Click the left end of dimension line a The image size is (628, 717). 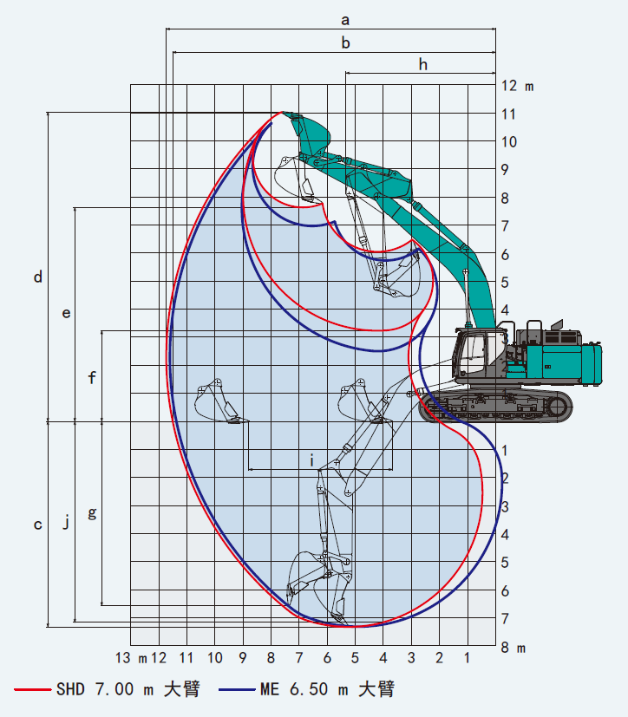click(x=166, y=29)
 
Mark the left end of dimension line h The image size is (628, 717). click(x=346, y=73)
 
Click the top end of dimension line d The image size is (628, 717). click(x=48, y=112)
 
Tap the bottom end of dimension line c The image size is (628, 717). click(x=48, y=627)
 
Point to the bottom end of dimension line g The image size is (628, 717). click(x=101, y=605)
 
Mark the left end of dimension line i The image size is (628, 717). click(x=249, y=469)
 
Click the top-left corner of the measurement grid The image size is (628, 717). click(x=131, y=85)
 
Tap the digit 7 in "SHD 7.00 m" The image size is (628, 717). click(x=101, y=689)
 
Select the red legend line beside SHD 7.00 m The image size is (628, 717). click(x=32, y=689)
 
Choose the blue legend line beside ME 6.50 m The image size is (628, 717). click(x=237, y=689)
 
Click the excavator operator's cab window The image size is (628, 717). click(x=473, y=351)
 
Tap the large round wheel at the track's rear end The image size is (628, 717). click(x=557, y=406)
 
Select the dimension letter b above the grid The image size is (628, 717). click(x=346, y=43)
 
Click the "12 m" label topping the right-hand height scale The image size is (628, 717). click(x=517, y=86)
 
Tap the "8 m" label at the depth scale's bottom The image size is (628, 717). click(x=514, y=648)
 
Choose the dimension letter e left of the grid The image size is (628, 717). click(x=66, y=313)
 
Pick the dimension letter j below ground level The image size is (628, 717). click(x=66, y=521)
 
